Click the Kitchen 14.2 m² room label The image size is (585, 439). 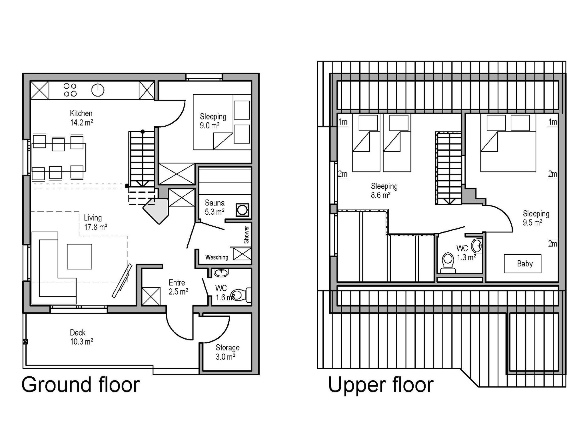[81, 118]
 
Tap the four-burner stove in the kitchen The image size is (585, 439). [70, 90]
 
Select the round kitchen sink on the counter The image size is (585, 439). [98, 90]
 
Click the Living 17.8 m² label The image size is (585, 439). [95, 222]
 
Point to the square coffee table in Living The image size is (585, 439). [79, 256]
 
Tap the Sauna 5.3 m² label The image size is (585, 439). [215, 207]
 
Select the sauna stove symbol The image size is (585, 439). [242, 210]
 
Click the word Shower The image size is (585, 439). [246, 235]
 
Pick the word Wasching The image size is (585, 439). [217, 257]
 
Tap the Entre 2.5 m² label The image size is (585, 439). [178, 287]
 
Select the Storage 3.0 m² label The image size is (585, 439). [227, 352]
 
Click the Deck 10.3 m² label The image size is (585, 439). [82, 337]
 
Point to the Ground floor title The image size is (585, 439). [81, 385]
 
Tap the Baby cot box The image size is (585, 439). [522, 264]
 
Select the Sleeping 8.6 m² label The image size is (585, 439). [384, 191]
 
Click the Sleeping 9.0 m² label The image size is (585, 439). [213, 121]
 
